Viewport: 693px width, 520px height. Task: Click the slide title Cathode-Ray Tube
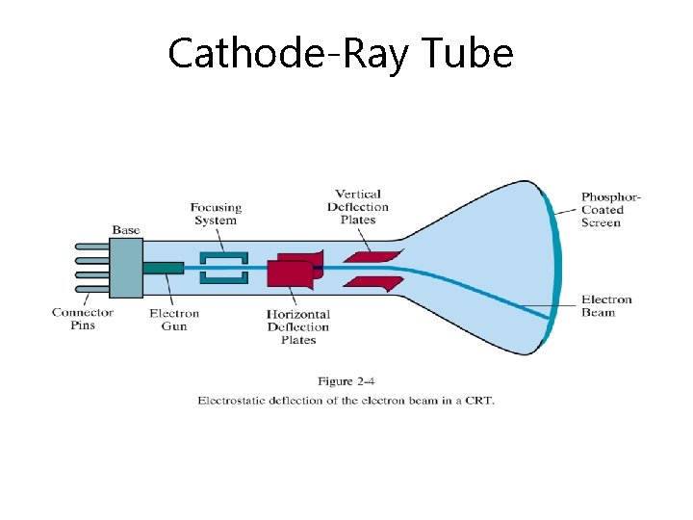click(340, 53)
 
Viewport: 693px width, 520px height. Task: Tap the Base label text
click(126, 229)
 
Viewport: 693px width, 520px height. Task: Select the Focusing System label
click(216, 213)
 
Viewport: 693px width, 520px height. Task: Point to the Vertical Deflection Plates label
click(358, 206)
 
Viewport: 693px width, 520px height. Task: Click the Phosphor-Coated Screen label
click(610, 210)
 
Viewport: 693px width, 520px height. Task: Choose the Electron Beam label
click(606, 305)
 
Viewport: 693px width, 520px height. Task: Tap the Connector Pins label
click(83, 319)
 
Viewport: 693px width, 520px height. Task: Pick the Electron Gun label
click(174, 320)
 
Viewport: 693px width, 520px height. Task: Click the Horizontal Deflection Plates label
click(297, 326)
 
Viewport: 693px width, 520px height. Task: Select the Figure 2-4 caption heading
click(346, 382)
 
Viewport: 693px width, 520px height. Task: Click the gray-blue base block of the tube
click(126, 267)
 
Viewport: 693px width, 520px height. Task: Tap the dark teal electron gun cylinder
click(163, 267)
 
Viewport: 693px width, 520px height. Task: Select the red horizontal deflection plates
click(291, 273)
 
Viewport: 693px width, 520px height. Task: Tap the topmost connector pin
click(91, 247)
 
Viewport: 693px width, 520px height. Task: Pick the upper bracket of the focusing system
click(223, 257)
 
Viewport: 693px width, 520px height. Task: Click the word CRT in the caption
click(479, 401)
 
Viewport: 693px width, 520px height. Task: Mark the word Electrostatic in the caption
click(232, 401)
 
